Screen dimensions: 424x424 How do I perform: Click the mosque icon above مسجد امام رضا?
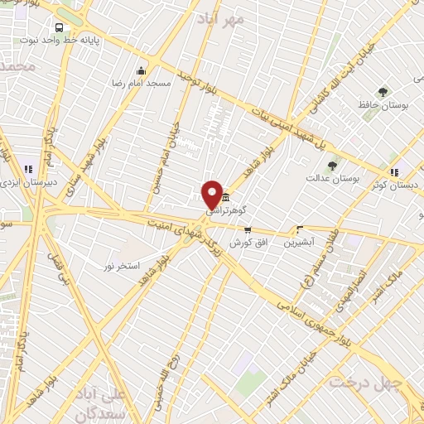141,70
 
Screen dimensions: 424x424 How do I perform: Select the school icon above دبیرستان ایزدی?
29,168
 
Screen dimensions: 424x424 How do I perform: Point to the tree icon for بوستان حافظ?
383,93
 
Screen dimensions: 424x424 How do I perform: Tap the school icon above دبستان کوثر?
395,172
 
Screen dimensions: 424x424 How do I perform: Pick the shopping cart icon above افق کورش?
247,229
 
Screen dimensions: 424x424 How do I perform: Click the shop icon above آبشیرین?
299,229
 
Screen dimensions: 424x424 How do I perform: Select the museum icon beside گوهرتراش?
226,197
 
